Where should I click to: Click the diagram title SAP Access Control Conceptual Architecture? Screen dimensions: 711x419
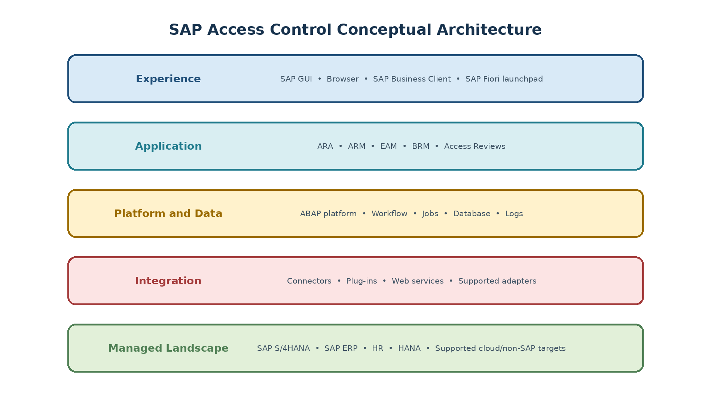coord(355,30)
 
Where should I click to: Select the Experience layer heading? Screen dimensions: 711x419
coord(168,79)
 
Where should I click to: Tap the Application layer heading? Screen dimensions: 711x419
coord(168,146)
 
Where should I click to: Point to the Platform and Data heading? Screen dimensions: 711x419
coord(168,214)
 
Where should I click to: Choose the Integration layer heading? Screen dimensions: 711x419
coord(168,281)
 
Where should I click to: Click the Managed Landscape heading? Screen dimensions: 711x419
coord(168,348)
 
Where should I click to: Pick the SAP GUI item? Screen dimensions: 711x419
coord(296,79)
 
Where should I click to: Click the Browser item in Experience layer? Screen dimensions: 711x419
coord(343,79)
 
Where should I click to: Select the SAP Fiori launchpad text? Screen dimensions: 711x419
coord(504,79)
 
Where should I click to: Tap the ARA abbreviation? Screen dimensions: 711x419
coord(325,146)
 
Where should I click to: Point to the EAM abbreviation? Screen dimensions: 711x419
coord(388,146)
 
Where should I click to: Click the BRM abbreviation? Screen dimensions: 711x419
coord(421,146)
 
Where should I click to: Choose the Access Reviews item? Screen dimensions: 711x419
coord(475,146)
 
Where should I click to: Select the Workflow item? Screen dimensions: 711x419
coord(390,214)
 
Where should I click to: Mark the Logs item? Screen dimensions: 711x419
coord(514,214)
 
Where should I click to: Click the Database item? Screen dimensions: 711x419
coord(472,214)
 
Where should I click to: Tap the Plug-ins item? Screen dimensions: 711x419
coord(361,281)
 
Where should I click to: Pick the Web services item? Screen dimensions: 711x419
coord(418,281)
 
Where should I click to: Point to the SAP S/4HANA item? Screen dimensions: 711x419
coord(283,348)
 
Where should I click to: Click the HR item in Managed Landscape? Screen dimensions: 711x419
coord(378,348)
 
